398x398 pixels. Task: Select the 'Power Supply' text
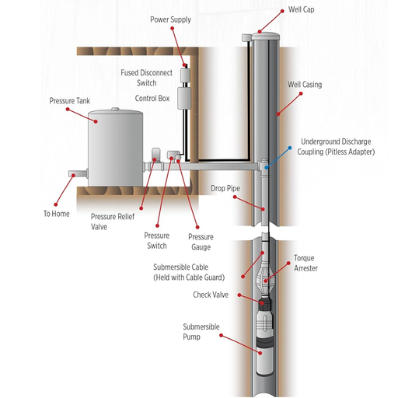(x=170, y=19)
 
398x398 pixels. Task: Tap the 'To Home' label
(x=56, y=213)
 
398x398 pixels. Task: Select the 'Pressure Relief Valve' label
(x=110, y=222)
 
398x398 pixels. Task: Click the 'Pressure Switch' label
(x=155, y=240)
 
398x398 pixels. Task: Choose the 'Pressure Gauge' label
(x=201, y=242)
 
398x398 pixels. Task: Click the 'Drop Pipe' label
(x=225, y=188)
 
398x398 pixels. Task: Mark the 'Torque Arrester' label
(x=305, y=263)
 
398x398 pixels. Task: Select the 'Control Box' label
(x=153, y=99)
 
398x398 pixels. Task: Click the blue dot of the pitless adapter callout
(x=291, y=145)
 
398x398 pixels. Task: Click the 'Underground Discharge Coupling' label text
(x=337, y=147)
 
